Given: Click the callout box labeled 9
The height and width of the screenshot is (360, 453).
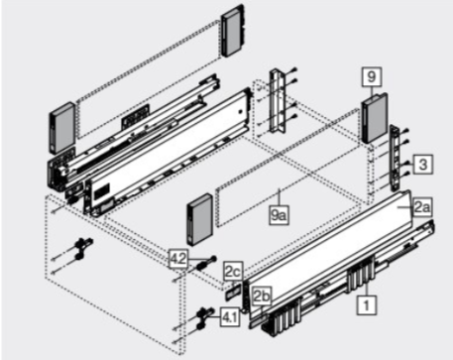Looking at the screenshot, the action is tap(372, 77).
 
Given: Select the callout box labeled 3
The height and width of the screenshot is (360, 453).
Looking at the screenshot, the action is tap(422, 164).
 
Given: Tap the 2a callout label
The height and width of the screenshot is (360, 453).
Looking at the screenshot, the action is tap(422, 207).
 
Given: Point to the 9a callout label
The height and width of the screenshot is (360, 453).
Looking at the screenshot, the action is tap(280, 216).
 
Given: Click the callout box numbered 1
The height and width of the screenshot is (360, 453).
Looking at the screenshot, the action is tap(367, 304).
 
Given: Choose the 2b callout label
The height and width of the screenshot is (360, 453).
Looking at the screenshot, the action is tap(261, 296).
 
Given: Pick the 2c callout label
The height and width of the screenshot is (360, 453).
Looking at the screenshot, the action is tap(233, 272).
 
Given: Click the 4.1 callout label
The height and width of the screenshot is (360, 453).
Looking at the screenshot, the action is tap(230, 317).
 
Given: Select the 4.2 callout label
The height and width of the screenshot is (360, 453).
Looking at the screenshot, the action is tap(178, 259).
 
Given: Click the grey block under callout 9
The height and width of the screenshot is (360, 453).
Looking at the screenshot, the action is tap(375, 118).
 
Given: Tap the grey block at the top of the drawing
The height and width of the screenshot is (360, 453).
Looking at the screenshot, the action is tap(234, 31).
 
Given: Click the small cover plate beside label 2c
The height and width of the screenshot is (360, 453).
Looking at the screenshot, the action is tap(234, 292).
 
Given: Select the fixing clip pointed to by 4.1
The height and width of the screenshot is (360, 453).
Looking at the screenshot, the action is tap(203, 317).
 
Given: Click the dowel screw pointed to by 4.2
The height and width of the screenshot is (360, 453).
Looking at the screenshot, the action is tap(206, 263).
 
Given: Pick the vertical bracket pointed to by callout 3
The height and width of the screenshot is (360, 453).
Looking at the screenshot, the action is tap(395, 158).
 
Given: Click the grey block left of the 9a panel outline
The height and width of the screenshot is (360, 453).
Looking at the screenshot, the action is tap(199, 219).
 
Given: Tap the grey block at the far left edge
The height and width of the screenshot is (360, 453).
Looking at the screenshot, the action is tap(61, 128).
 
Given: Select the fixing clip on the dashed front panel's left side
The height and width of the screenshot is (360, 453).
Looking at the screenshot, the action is tap(83, 249).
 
